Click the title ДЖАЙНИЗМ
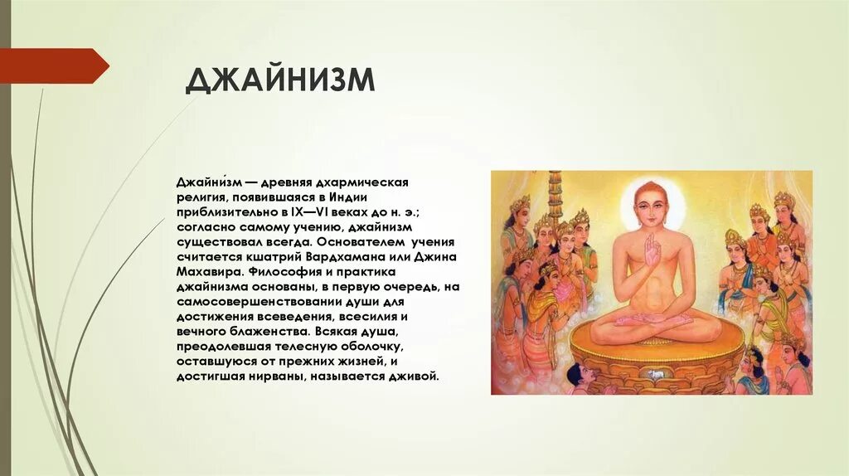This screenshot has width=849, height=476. tap(280, 81)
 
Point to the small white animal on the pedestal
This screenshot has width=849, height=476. tap(658, 375)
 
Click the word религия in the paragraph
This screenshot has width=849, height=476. tap(200, 197)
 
